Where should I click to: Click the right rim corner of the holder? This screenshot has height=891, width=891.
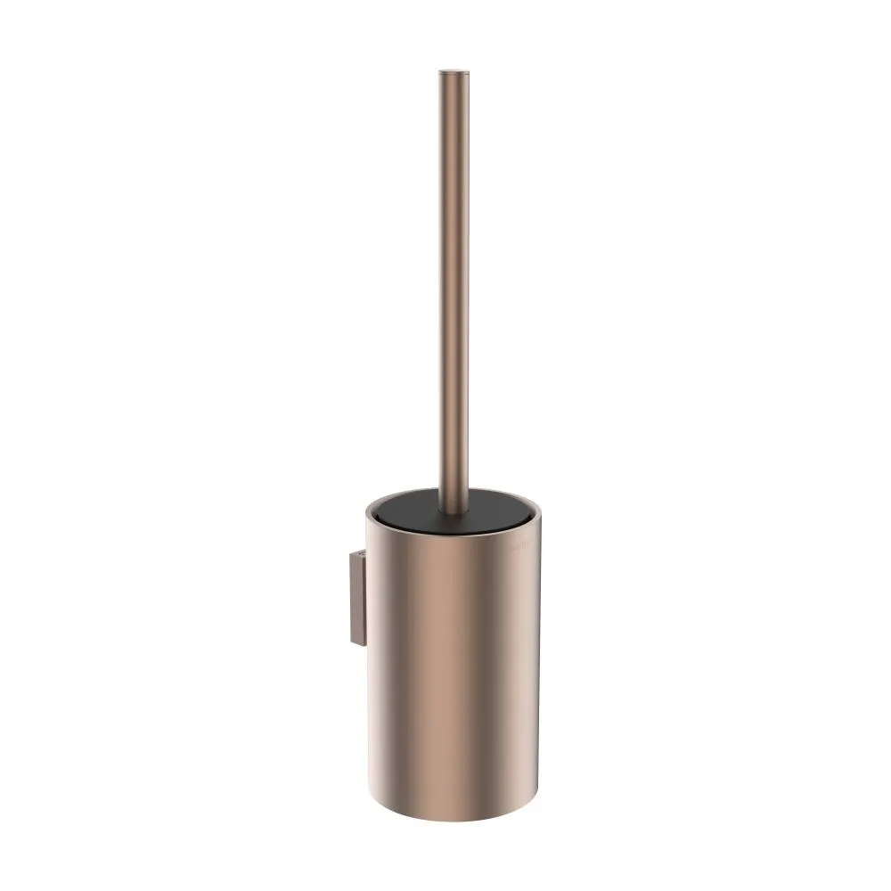pyautogui.click(x=539, y=515)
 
